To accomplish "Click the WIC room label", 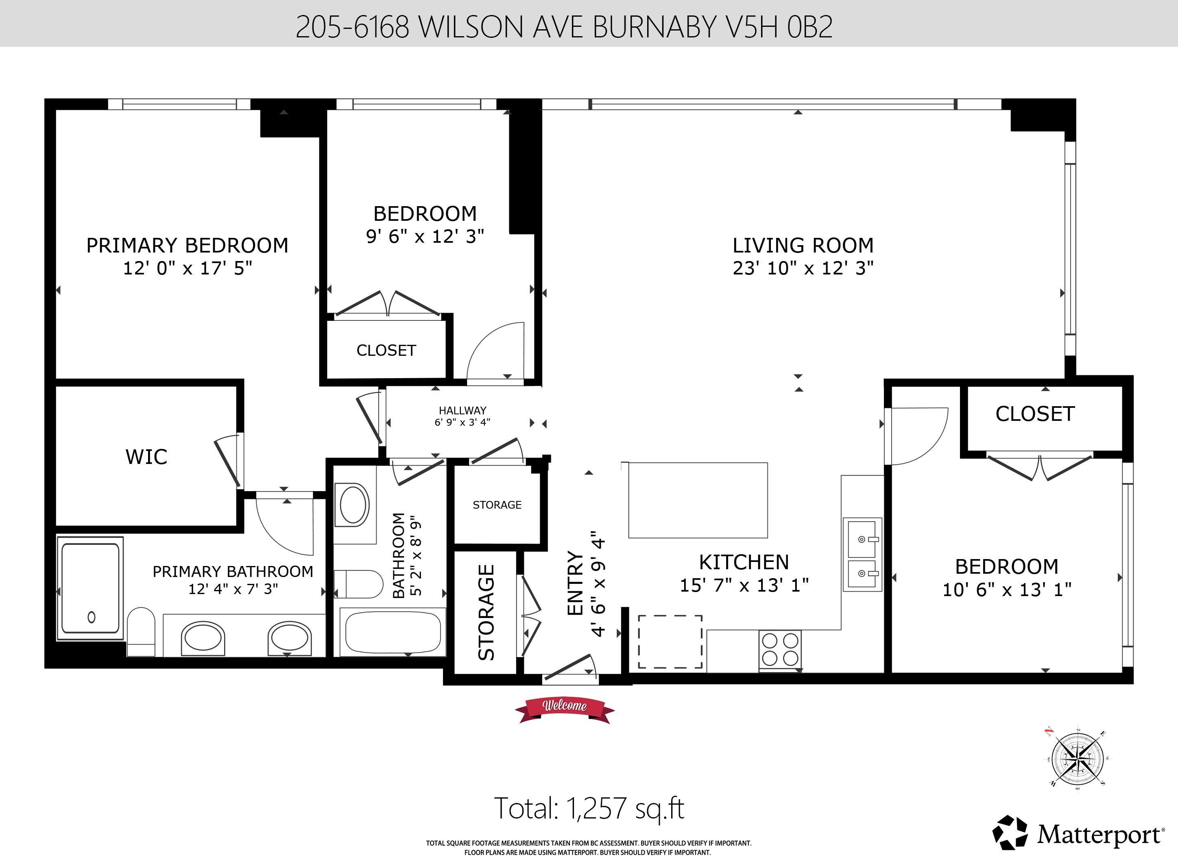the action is (146, 457).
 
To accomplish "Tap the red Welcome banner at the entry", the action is (565, 709).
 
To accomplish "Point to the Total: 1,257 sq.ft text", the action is (589, 808).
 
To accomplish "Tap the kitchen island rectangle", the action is (698, 500).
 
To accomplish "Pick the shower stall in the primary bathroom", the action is (90, 588).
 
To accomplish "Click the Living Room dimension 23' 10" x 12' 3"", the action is (803, 268).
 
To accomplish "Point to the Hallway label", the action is (462, 411).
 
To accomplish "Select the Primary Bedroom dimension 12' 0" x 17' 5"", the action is (188, 268).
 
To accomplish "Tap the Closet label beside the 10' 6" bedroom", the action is (1035, 414).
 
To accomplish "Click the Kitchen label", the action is (744, 562).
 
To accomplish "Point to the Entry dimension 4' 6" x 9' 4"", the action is (598, 584).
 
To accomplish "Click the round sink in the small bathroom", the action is (354, 505).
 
